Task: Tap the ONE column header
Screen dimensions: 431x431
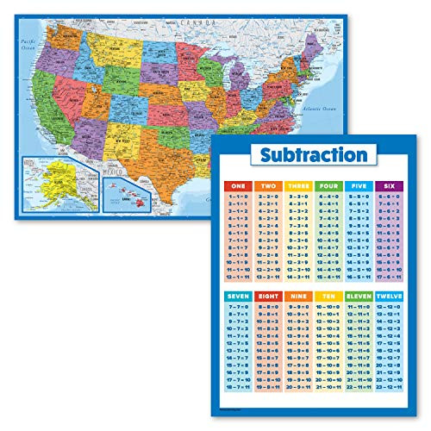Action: [239, 186]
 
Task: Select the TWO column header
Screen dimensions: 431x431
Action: [268, 186]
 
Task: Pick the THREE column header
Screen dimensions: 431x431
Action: [297, 186]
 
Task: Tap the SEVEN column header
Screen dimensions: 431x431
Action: [239, 296]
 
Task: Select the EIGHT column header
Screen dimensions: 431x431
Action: [268, 296]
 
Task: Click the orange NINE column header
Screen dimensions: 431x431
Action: [297, 296]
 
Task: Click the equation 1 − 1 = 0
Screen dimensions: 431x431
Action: [239, 198]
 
